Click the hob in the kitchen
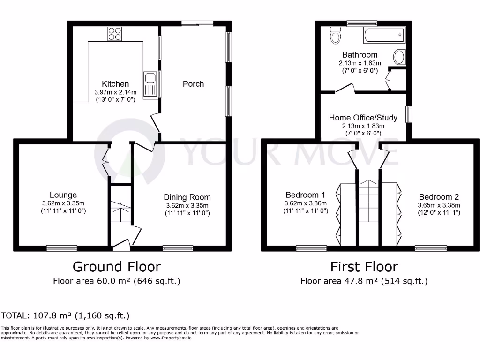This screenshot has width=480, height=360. pos(115,34)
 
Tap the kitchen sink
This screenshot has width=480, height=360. pos(150,84)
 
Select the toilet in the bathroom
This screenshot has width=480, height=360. pos(336,35)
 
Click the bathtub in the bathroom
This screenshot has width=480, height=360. pos(384,35)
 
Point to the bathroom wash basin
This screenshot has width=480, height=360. pos(399,57)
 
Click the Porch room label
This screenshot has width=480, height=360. pos(193,84)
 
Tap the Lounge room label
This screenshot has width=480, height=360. pos(63,195)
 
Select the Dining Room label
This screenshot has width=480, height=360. pos(187,197)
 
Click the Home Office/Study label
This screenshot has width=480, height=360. pos(363,118)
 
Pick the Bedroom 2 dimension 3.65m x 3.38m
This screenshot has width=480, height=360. pos(439,205)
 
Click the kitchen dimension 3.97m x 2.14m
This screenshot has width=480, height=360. pos(115,92)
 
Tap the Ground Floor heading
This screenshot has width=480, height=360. pos(117,267)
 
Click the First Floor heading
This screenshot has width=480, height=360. pos(364,267)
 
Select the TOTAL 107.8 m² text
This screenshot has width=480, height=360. pos(65,315)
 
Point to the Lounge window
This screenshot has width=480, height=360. pos(62,248)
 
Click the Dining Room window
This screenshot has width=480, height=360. pos(178,248)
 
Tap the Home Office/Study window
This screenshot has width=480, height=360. pos(409,114)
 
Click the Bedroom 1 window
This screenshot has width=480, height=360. pos(311,248)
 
